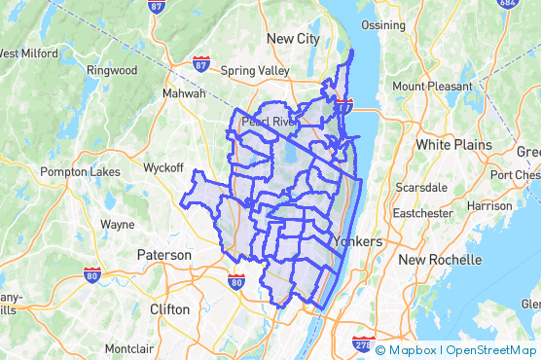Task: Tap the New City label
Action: click(293, 38)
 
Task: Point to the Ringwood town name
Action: click(112, 70)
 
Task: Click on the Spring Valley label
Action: click(256, 71)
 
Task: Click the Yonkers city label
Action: click(355, 241)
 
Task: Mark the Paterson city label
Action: click(164, 255)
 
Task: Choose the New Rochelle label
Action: click(440, 260)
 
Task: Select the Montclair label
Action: click(130, 348)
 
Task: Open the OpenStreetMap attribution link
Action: click(490, 350)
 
